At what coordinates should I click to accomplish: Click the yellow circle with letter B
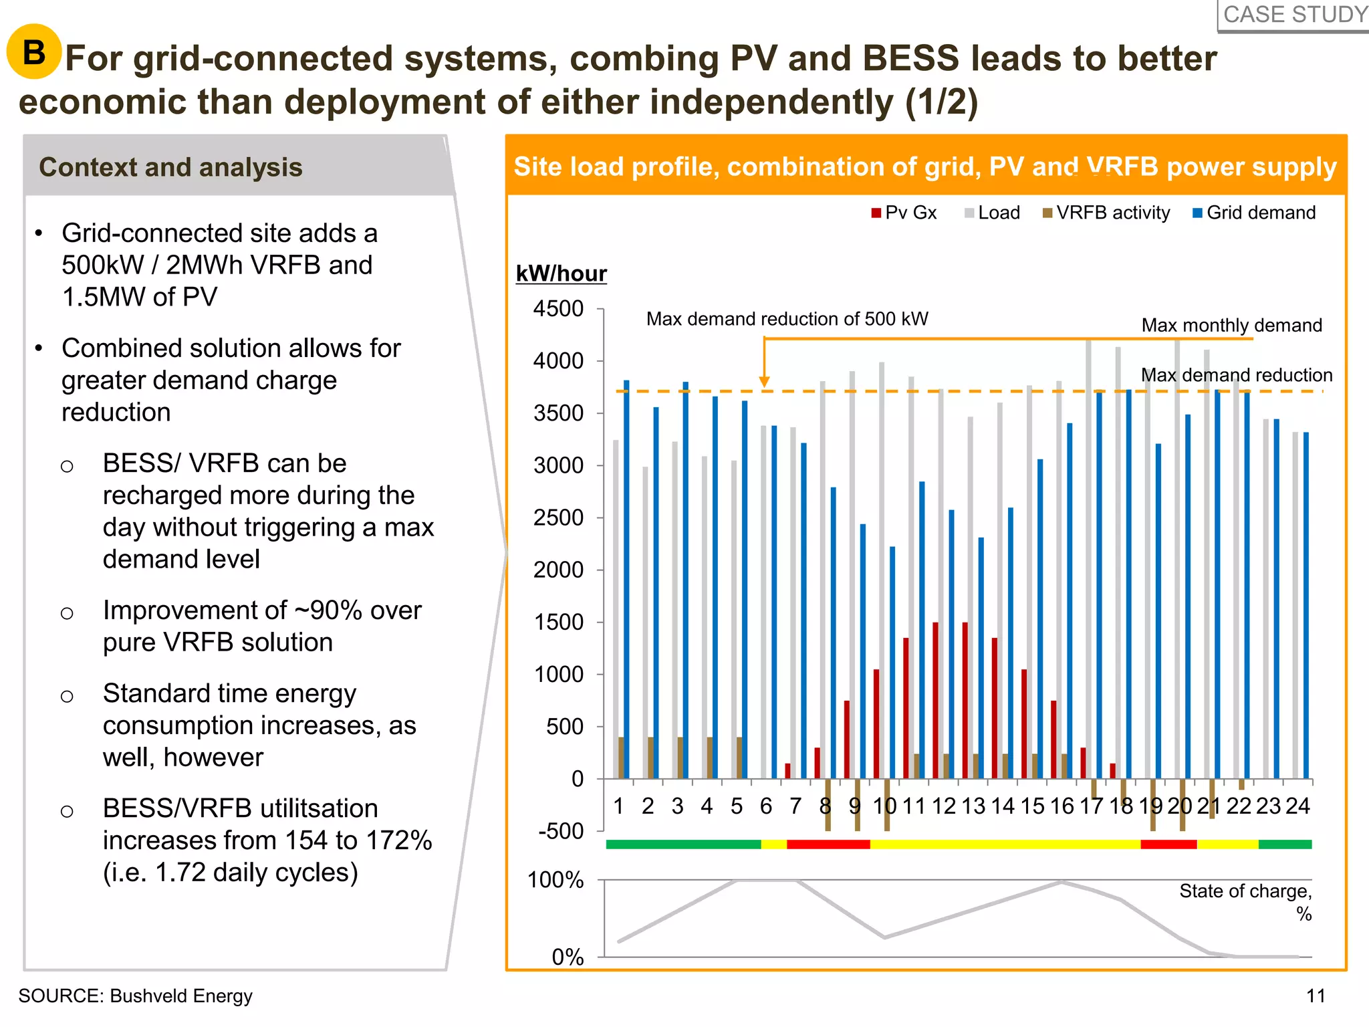(x=34, y=51)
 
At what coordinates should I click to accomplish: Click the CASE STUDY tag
(x=1294, y=15)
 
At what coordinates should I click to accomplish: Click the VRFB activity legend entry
(x=1106, y=213)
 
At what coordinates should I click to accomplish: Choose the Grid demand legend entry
(x=1254, y=213)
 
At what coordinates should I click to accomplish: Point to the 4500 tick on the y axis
(x=558, y=309)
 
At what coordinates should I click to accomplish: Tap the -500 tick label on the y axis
(x=561, y=831)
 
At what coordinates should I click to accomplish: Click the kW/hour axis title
(x=561, y=273)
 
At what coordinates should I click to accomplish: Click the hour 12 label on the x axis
(x=944, y=806)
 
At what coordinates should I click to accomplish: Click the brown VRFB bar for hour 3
(x=680, y=758)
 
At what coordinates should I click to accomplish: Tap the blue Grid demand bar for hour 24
(x=1306, y=605)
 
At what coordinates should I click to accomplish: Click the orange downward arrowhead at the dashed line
(x=765, y=382)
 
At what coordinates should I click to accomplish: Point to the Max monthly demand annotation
(x=1231, y=326)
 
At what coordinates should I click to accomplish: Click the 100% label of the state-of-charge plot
(x=555, y=880)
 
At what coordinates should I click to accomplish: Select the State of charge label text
(x=1245, y=892)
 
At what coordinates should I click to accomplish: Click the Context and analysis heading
(x=170, y=167)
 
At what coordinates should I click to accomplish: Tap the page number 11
(x=1316, y=996)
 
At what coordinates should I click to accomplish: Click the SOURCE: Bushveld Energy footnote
(x=136, y=996)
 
